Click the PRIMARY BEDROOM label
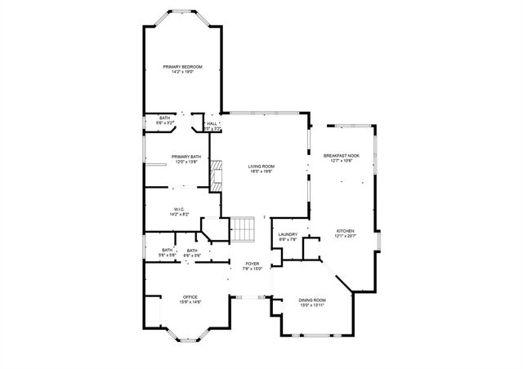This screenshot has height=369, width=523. tap(182, 66)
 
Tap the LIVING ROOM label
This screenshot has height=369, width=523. tap(261, 166)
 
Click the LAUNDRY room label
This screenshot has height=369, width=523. tap(287, 235)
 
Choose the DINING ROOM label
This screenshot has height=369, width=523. tap(312, 300)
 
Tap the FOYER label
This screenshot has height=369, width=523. tap(253, 264)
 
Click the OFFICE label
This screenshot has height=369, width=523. tap(190, 297)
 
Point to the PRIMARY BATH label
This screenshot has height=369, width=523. tap(186, 157)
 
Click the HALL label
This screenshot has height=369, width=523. tap(212, 124)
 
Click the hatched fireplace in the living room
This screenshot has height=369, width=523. tap(217, 175)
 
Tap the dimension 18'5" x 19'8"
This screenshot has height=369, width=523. tap(261, 171)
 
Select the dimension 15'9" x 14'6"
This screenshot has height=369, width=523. tap(190, 302)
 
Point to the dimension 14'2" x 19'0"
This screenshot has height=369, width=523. tap(182, 72)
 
